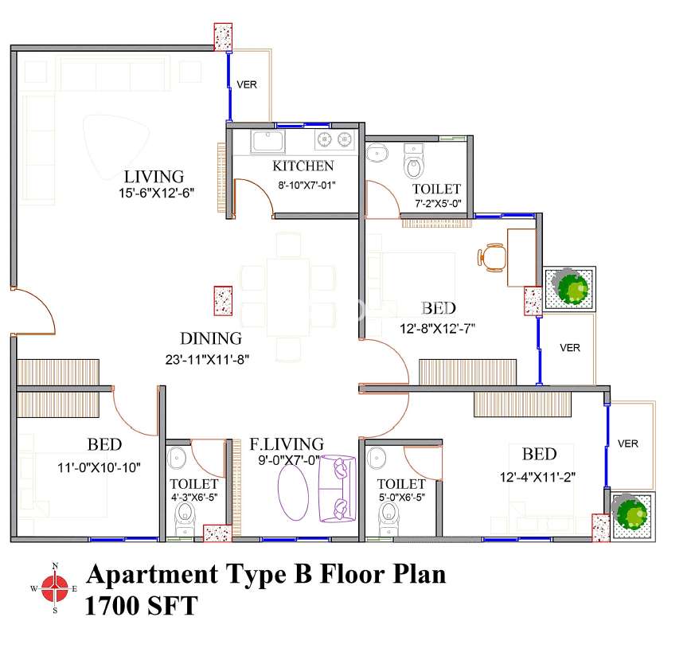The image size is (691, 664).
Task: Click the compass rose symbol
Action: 55,588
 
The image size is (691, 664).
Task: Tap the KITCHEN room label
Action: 303,166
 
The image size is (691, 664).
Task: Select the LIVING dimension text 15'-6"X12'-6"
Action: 157,193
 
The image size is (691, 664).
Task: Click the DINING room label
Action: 211,338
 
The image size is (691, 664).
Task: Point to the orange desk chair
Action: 491,257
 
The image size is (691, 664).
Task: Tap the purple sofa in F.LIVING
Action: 337,489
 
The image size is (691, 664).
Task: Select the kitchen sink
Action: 267,141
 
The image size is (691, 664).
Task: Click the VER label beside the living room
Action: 247,84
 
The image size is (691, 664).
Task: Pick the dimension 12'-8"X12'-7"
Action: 437,329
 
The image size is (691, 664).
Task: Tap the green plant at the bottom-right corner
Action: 631,514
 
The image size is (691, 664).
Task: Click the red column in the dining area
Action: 223,301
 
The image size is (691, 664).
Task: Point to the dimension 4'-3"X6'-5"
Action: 194,498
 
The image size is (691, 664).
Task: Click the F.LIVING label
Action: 287,443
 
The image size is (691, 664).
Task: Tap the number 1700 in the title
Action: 112,605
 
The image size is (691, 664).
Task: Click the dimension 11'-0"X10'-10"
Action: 99,467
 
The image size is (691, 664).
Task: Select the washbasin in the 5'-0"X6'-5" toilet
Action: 377,457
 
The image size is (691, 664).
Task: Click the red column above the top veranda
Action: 223,37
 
